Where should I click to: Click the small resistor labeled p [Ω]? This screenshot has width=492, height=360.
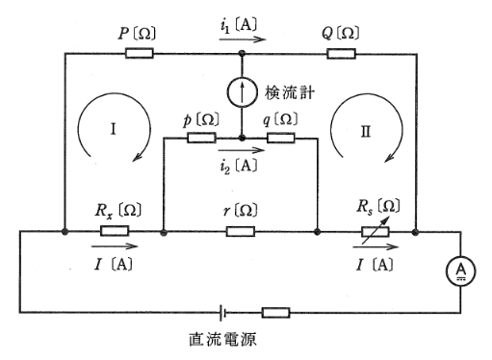click(x=200, y=139)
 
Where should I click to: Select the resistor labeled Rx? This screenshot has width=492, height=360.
click(x=114, y=232)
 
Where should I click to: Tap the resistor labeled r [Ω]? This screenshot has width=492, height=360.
click(x=240, y=232)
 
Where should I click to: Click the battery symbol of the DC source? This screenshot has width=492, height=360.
click(x=223, y=312)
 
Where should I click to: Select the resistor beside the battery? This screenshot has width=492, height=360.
click(x=275, y=312)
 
